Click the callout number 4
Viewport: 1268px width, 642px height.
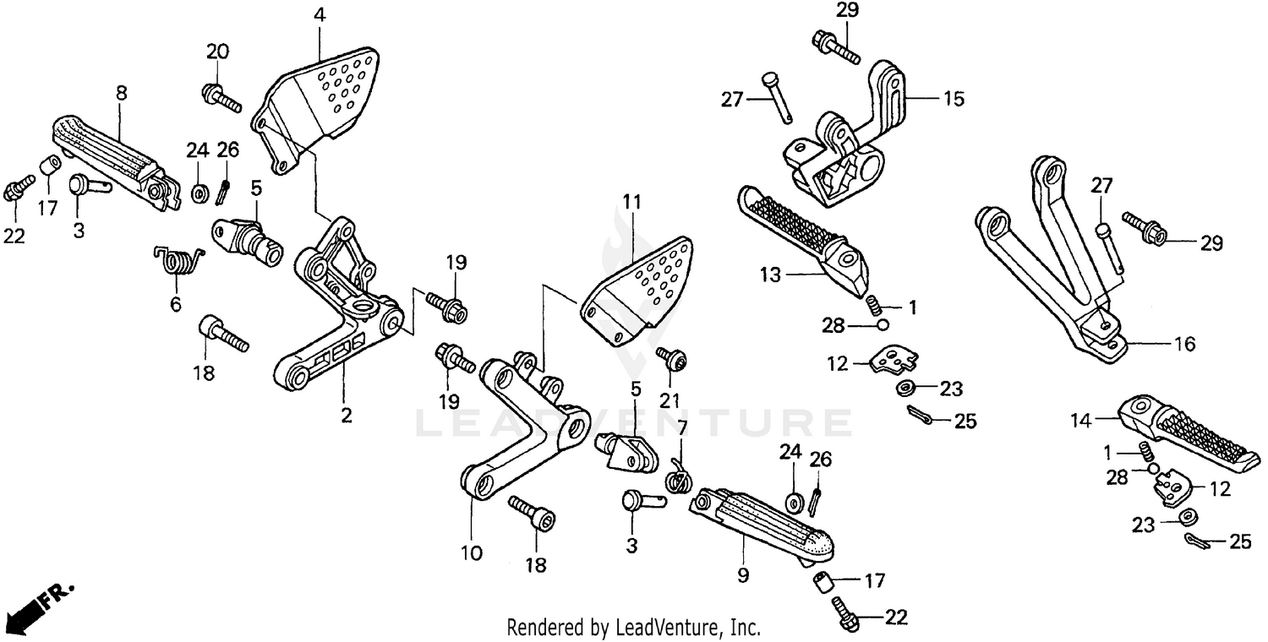click(319, 15)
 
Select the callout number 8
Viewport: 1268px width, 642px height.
click(121, 93)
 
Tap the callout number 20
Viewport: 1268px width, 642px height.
click(217, 52)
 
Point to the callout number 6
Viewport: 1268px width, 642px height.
click(176, 303)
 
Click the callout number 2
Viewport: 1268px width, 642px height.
click(347, 415)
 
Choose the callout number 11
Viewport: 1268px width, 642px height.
click(632, 202)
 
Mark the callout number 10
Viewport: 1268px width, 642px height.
click(471, 553)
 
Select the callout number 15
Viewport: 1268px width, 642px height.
click(954, 99)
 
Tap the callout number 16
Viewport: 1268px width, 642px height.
click(1184, 344)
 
